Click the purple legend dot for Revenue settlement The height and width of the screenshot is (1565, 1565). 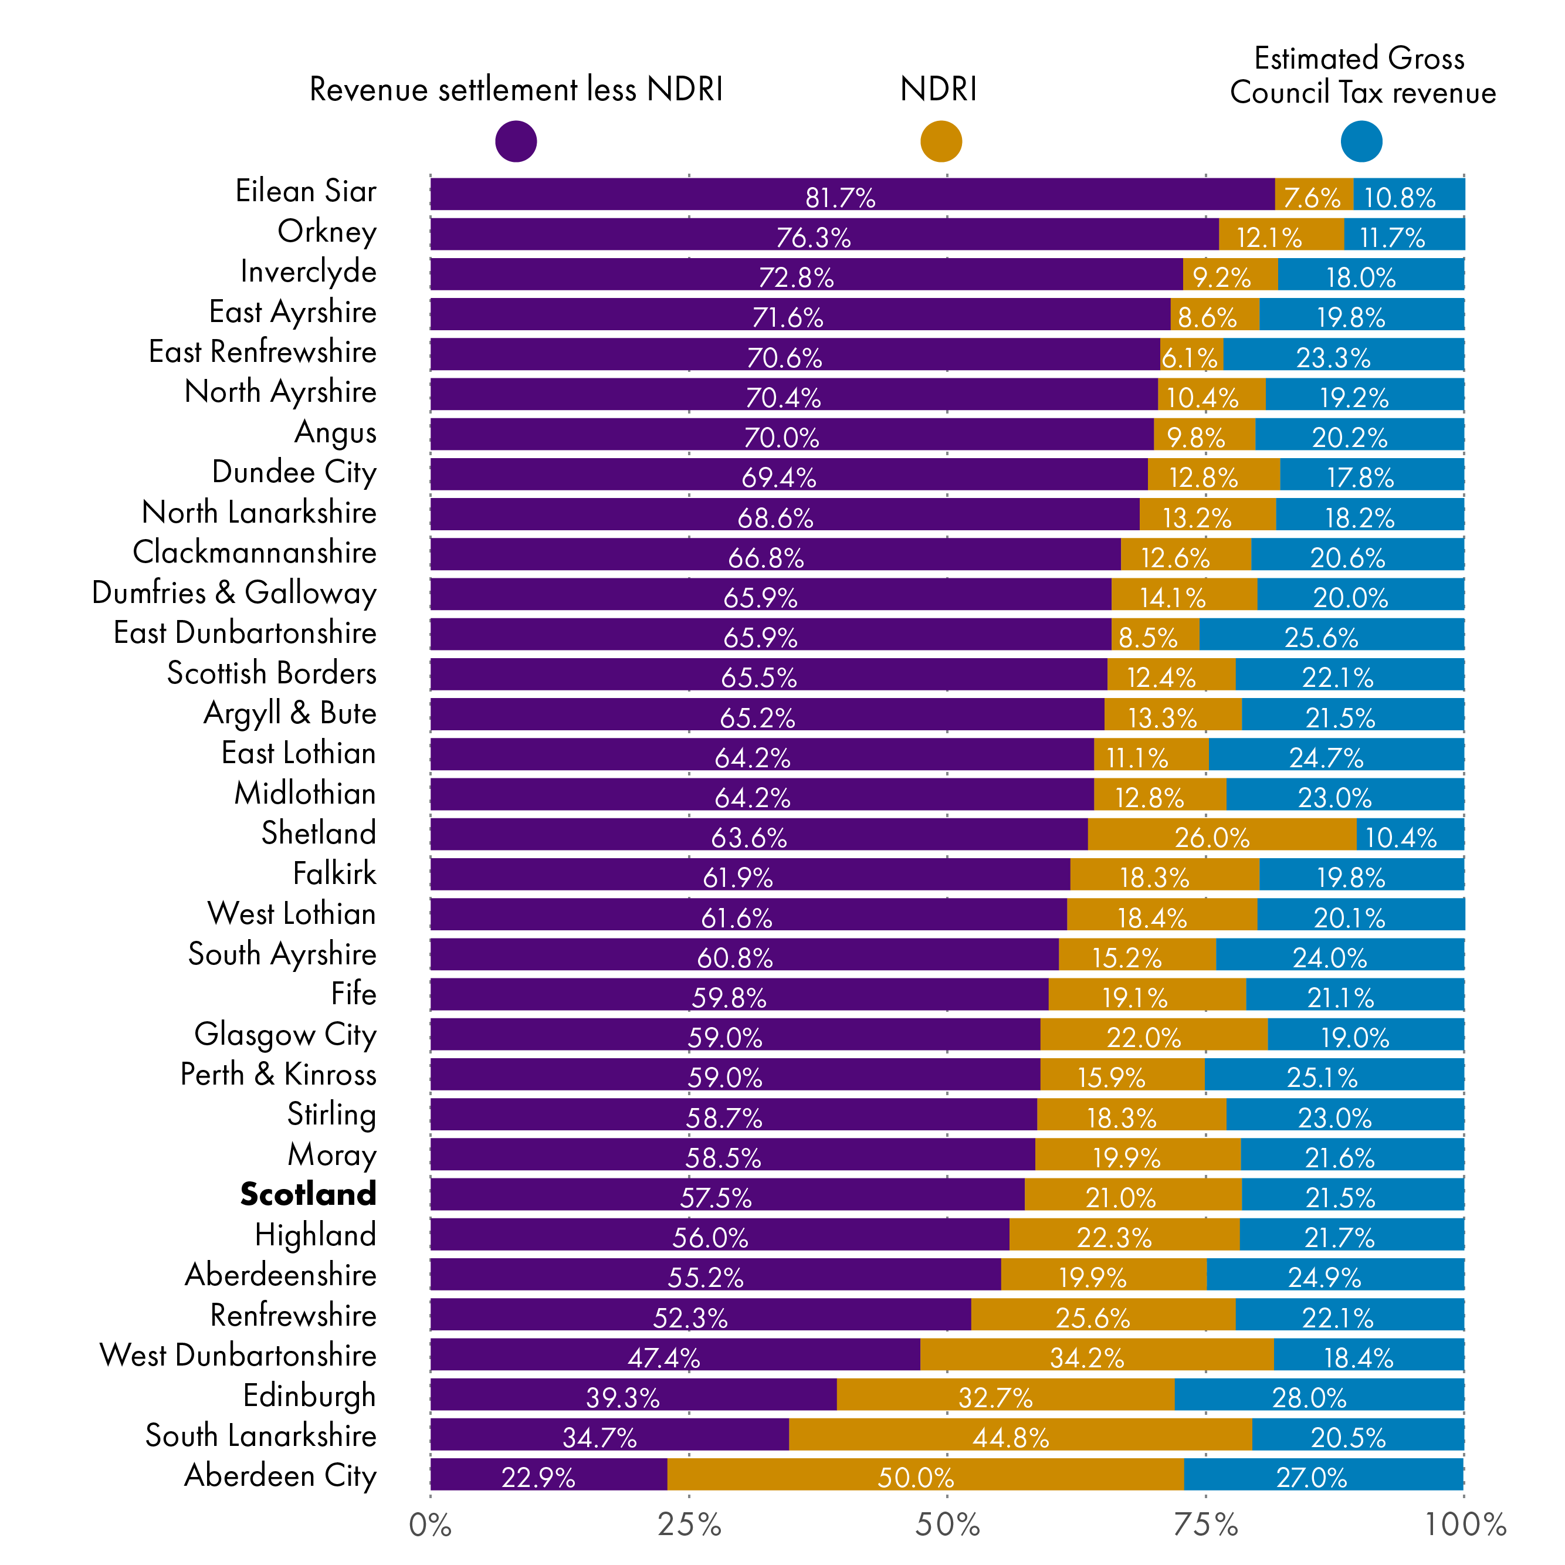[x=516, y=141]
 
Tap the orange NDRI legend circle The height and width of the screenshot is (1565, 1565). [x=941, y=141]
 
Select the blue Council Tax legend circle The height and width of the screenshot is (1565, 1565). [x=1361, y=141]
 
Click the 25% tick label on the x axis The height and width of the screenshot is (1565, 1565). [x=689, y=1525]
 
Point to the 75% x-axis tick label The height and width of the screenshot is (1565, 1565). [x=1206, y=1525]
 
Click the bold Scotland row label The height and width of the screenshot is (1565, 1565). [x=309, y=1194]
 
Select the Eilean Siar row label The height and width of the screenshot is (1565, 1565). [x=306, y=191]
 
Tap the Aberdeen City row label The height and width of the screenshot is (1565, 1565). [x=280, y=1475]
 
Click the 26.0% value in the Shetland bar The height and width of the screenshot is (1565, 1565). [x=1212, y=838]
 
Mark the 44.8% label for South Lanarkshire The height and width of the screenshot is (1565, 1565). [x=1011, y=1438]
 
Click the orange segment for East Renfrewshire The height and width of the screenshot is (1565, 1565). [x=1191, y=355]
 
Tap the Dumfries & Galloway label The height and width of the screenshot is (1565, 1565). [x=234, y=593]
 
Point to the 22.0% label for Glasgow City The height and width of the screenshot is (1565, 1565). [x=1144, y=1038]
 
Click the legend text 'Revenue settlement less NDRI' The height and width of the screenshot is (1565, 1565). [x=516, y=90]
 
